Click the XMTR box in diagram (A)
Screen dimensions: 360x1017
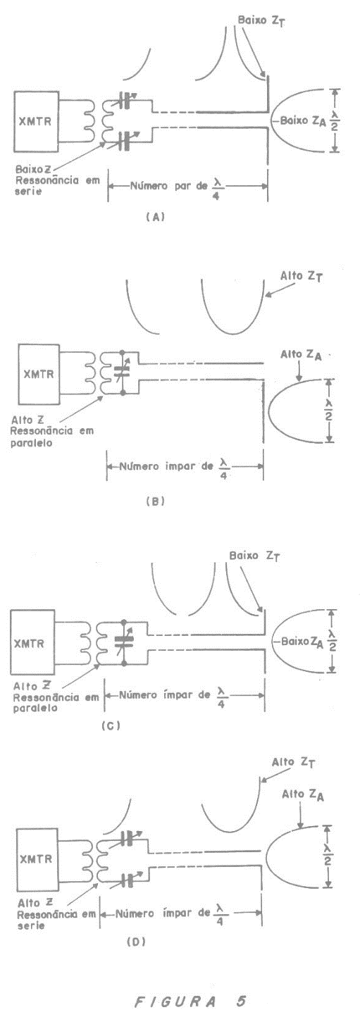[36, 121]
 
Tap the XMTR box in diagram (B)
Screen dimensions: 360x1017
[39, 374]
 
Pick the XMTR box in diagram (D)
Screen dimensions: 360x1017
[37, 859]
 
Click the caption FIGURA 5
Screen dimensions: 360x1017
[190, 1001]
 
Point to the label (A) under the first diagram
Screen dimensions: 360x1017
[155, 217]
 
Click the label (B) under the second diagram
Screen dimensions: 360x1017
[155, 501]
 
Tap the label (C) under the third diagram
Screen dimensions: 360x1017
[111, 725]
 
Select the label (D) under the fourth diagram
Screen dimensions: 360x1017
[136, 942]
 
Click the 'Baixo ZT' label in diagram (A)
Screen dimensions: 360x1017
[262, 21]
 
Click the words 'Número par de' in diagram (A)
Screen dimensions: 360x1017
[168, 186]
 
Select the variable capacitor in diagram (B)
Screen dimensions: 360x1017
[123, 373]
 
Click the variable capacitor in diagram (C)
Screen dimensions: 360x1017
[124, 641]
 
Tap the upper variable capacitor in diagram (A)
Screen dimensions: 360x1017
[125, 100]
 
